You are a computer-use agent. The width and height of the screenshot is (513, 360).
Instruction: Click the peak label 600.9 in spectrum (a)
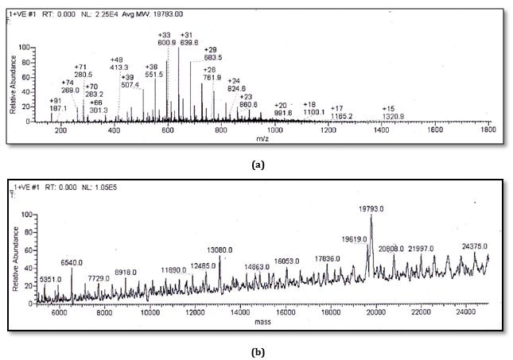pyautogui.click(x=166, y=43)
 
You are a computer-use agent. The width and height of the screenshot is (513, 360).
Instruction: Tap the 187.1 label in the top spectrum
pyautogui.click(x=56, y=110)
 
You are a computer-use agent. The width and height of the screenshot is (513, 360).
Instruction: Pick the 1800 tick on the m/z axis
pyautogui.click(x=488, y=129)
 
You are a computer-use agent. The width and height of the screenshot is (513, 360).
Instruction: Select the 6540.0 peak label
pyautogui.click(x=72, y=263)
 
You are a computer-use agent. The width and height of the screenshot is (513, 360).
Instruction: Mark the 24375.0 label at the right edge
pyautogui.click(x=476, y=246)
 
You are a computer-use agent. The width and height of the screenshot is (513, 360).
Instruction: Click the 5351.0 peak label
pyautogui.click(x=51, y=280)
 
